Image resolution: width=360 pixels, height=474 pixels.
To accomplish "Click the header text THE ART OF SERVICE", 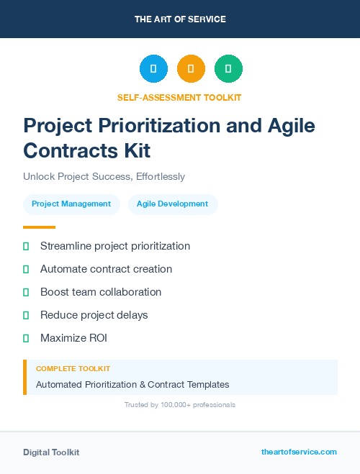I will pyautogui.click(x=180, y=19).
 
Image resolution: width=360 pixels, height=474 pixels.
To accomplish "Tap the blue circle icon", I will pyautogui.click(x=153, y=69).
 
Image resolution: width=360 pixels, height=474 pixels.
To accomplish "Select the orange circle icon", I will pyautogui.click(x=191, y=69).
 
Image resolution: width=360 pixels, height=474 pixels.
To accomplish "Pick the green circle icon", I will pyautogui.click(x=228, y=69).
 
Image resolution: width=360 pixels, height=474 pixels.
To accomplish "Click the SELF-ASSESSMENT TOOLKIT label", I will pyautogui.click(x=180, y=97).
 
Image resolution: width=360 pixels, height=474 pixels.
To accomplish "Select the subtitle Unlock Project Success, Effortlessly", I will pyautogui.click(x=104, y=176).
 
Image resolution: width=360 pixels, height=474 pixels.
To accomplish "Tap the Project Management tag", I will pyautogui.click(x=71, y=204).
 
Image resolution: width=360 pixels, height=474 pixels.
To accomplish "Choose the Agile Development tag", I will pyautogui.click(x=172, y=204).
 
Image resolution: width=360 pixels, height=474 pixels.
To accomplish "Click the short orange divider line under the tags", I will pyautogui.click(x=39, y=227).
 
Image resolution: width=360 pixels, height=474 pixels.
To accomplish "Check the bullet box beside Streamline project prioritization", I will pyautogui.click(x=26, y=246).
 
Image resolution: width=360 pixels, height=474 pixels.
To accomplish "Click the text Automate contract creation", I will pyautogui.click(x=106, y=269).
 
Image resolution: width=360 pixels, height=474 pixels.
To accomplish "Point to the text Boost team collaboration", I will pyautogui.click(x=101, y=292).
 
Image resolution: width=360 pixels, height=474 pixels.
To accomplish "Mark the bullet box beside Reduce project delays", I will pyautogui.click(x=26, y=315).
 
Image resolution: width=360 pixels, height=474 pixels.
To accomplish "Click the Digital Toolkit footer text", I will pyautogui.click(x=51, y=452).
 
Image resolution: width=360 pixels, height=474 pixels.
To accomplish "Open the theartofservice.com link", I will pyautogui.click(x=299, y=452).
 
